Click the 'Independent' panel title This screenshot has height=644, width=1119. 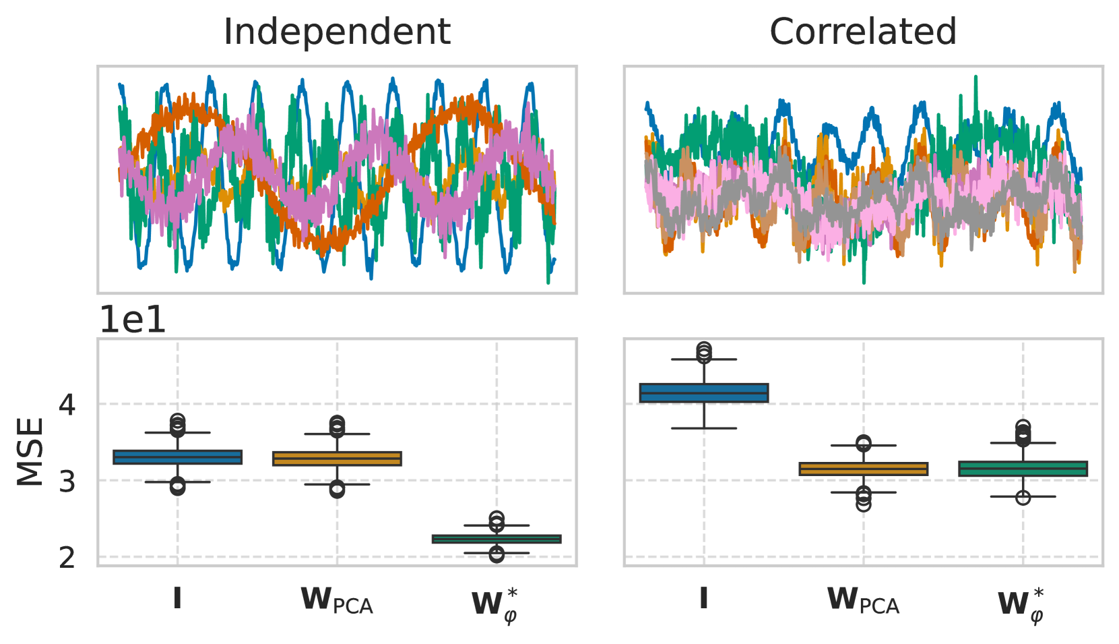[337, 32]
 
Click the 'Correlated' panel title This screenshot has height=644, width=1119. [863, 32]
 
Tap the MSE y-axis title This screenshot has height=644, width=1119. [30, 452]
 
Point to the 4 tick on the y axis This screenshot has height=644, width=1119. [67, 405]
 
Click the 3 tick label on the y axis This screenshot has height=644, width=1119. [67, 481]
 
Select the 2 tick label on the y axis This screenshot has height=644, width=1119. [67, 558]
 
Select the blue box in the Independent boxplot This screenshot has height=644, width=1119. [177, 457]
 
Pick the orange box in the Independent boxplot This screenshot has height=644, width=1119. [337, 459]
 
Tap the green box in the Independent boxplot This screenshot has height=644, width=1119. [497, 539]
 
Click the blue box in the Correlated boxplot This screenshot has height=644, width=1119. [703, 392]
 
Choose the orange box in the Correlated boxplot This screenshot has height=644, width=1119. [863, 469]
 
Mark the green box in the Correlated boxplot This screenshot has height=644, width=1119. [1023, 469]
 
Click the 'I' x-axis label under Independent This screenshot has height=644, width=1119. [177, 598]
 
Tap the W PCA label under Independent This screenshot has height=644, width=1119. [337, 599]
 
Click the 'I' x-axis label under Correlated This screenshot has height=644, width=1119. [703, 598]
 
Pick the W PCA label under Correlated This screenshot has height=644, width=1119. [863, 599]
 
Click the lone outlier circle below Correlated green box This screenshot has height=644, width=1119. [1023, 498]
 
